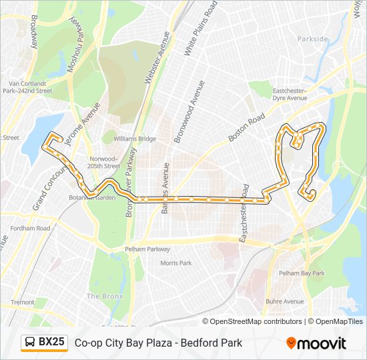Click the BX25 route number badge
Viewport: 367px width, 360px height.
point(51,343)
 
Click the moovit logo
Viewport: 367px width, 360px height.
point(316,343)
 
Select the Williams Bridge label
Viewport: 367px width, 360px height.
point(134,139)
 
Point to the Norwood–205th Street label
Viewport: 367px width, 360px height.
point(103,162)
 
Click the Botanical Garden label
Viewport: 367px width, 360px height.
point(92,197)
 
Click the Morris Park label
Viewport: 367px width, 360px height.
point(175,263)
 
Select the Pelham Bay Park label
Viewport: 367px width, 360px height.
point(301,273)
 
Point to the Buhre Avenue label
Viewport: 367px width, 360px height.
point(284,301)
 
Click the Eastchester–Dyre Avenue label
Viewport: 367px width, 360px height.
point(288,94)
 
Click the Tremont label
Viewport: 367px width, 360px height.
point(22,302)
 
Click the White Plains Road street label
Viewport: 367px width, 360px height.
point(202,27)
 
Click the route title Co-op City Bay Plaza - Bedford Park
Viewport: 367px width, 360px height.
point(158,343)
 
